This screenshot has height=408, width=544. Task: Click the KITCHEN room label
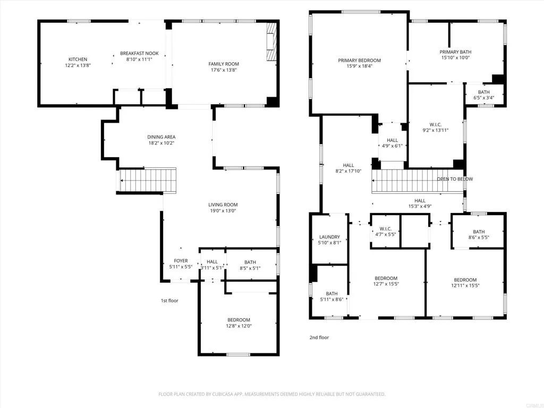coord(78,59)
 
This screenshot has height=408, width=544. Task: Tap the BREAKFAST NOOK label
coord(139,53)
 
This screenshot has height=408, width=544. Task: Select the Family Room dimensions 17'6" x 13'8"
coord(223,70)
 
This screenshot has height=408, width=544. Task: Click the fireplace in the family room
coord(271,42)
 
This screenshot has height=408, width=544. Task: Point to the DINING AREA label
coord(161,137)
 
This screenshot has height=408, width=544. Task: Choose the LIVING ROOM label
coord(223,205)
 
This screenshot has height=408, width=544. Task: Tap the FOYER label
coord(181,261)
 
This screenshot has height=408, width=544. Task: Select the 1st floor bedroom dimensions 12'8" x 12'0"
coord(239,326)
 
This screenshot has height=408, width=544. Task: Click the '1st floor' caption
coord(169,301)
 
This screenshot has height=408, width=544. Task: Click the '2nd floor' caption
coord(319,337)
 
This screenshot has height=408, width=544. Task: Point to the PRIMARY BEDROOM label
coord(359,61)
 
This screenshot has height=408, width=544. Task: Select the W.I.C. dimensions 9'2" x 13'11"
coord(435,130)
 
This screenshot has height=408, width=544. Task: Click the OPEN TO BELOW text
coord(455,179)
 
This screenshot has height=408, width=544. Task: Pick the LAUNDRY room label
coord(329,237)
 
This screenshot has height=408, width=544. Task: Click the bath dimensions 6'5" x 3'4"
coord(483,98)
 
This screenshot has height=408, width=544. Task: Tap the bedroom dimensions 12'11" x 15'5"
coord(465,286)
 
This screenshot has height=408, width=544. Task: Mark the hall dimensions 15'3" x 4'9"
coord(420,206)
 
